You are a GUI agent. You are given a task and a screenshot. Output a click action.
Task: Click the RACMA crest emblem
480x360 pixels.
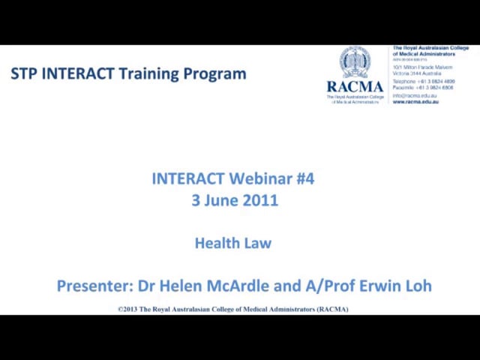pos(355,61)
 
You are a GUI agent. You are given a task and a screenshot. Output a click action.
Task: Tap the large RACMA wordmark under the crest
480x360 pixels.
pos(355,86)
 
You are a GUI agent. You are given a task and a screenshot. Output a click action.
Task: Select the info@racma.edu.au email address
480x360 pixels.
pos(415,96)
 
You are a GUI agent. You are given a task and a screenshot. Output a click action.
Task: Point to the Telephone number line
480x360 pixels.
pos(423,82)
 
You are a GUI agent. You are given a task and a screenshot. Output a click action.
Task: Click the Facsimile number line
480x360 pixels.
pos(423,88)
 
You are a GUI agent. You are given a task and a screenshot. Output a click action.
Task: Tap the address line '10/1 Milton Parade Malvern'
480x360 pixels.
pos(422,67)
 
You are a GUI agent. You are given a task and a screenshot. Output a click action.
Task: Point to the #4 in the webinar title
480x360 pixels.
pos(305,178)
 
